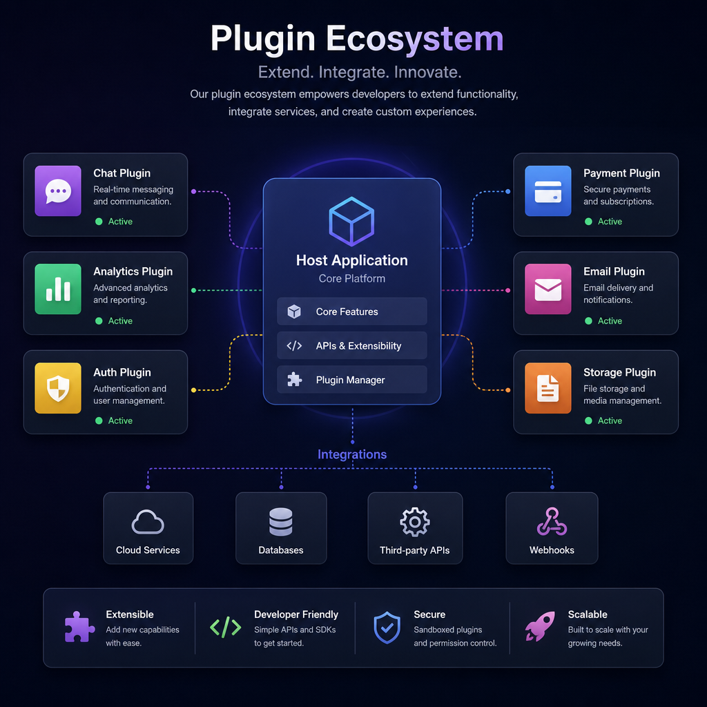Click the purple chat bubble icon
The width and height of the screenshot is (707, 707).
tap(58, 191)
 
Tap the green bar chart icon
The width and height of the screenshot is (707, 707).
tap(58, 289)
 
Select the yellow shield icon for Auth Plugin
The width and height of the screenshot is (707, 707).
tap(58, 388)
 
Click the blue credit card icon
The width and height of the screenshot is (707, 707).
tap(548, 191)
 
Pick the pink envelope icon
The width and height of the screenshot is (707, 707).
tap(548, 289)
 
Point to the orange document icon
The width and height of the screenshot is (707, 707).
tap(548, 388)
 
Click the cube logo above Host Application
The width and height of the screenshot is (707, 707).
tap(351, 222)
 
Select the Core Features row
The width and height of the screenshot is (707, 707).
tap(351, 311)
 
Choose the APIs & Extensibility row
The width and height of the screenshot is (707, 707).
tap(351, 345)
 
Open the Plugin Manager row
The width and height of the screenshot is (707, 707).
tap(351, 380)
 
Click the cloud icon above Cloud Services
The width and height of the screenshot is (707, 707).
tap(148, 523)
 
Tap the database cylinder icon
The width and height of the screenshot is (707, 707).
tap(281, 522)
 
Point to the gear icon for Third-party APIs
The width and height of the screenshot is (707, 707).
tap(415, 522)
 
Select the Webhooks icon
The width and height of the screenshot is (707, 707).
tap(552, 522)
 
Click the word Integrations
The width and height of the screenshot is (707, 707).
tap(352, 454)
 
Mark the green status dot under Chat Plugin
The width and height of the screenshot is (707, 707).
tap(99, 222)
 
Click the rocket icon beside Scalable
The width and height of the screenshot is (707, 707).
tap(540, 626)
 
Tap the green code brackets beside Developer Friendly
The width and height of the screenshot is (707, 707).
tap(226, 627)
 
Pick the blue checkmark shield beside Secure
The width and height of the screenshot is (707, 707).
tap(387, 627)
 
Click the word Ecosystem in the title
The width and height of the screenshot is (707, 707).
tap(414, 39)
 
